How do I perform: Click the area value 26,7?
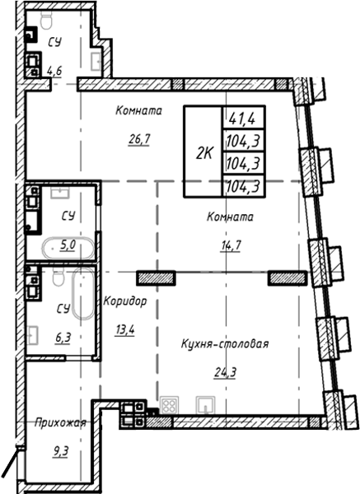(134, 139)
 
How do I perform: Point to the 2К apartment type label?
(203, 151)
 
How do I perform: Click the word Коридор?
(125, 302)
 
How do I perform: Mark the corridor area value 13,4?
(124, 330)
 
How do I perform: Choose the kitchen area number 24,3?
(221, 371)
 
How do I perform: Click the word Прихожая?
(60, 423)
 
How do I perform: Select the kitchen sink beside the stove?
(205, 404)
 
